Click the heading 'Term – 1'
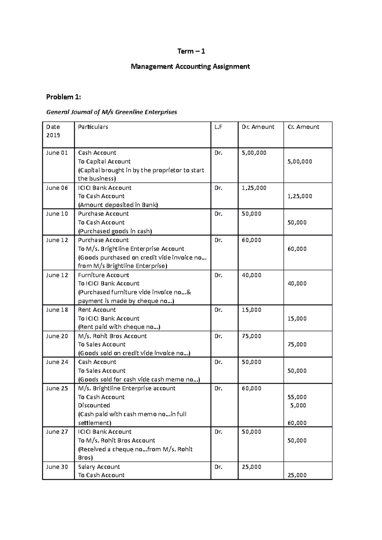191,51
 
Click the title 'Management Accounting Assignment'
190,66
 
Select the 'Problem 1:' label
64,97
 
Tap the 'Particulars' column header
93,127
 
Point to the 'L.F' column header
218,127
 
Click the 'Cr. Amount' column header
303,127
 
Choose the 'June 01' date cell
57,153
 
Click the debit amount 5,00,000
254,153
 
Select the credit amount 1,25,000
300,196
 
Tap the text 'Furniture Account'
103,275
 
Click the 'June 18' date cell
57,310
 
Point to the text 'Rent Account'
97,310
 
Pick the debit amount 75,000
251,336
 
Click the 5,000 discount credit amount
298,405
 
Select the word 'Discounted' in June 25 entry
94,405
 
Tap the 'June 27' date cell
57,432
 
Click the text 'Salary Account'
99,467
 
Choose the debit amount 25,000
251,467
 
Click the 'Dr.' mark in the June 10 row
218,214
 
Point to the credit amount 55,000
297,397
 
